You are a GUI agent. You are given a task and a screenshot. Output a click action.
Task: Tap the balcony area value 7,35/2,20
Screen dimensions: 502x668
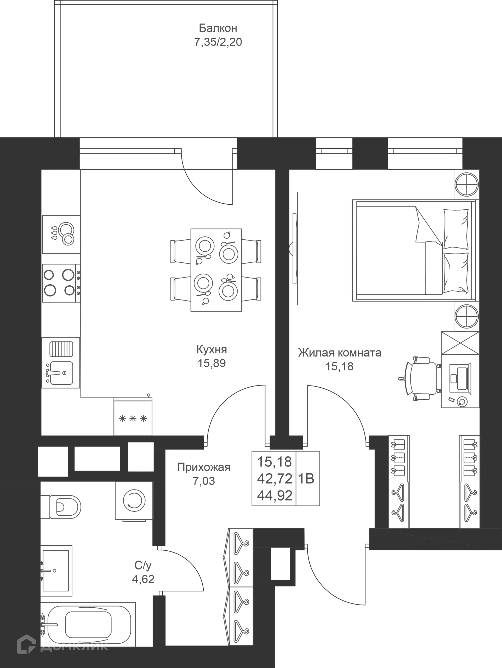pos(218,42)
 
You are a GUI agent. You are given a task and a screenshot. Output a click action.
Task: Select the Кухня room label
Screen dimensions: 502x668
pos(212,350)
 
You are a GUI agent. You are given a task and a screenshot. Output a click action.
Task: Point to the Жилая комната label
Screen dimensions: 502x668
pos(339,353)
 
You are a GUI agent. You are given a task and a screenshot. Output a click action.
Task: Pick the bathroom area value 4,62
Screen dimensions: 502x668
pos(143,579)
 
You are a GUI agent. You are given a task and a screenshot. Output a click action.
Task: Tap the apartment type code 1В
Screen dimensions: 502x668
pos(306,479)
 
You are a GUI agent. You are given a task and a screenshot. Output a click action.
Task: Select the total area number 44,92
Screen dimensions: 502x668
pos(275,496)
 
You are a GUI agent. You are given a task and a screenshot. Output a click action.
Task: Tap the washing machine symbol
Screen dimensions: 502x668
pos(134,501)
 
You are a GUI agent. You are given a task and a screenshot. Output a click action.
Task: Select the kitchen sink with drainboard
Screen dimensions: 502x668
pos(61,362)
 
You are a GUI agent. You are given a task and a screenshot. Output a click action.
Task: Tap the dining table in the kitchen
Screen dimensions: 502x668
pos(216,270)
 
